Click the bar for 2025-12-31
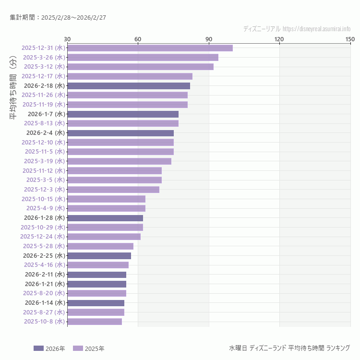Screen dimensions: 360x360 coord(150,48)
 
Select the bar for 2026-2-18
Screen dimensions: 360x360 coord(129,86)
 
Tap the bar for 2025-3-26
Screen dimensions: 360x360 coord(143,58)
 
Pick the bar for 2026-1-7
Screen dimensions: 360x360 coord(123,114)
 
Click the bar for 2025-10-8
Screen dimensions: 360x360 coord(95,322)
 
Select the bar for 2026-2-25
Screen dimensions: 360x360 coord(99,256)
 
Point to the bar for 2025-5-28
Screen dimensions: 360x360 coord(100,246)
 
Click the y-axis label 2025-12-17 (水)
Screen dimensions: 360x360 coord(43,76)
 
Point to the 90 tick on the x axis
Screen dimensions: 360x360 coord(208,39)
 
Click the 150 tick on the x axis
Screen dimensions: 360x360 coord(350,39)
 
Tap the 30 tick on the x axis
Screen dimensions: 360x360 coord(67,39)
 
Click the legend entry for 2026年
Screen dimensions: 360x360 coord(49,348)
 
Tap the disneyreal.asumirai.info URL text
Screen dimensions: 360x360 coord(316,29)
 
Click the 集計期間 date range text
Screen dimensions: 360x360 coord(58,17)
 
